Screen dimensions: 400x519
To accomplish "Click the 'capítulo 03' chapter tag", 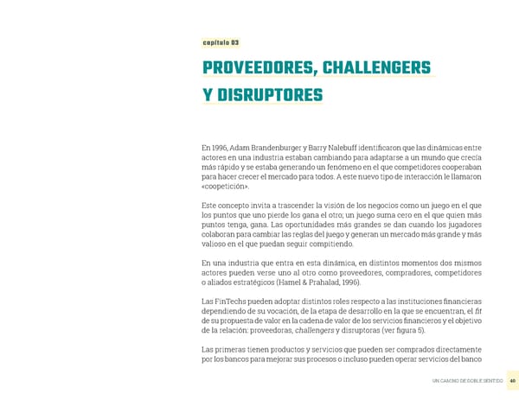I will pos(221,42).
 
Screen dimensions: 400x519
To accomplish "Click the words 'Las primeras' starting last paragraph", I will pos(222,348).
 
